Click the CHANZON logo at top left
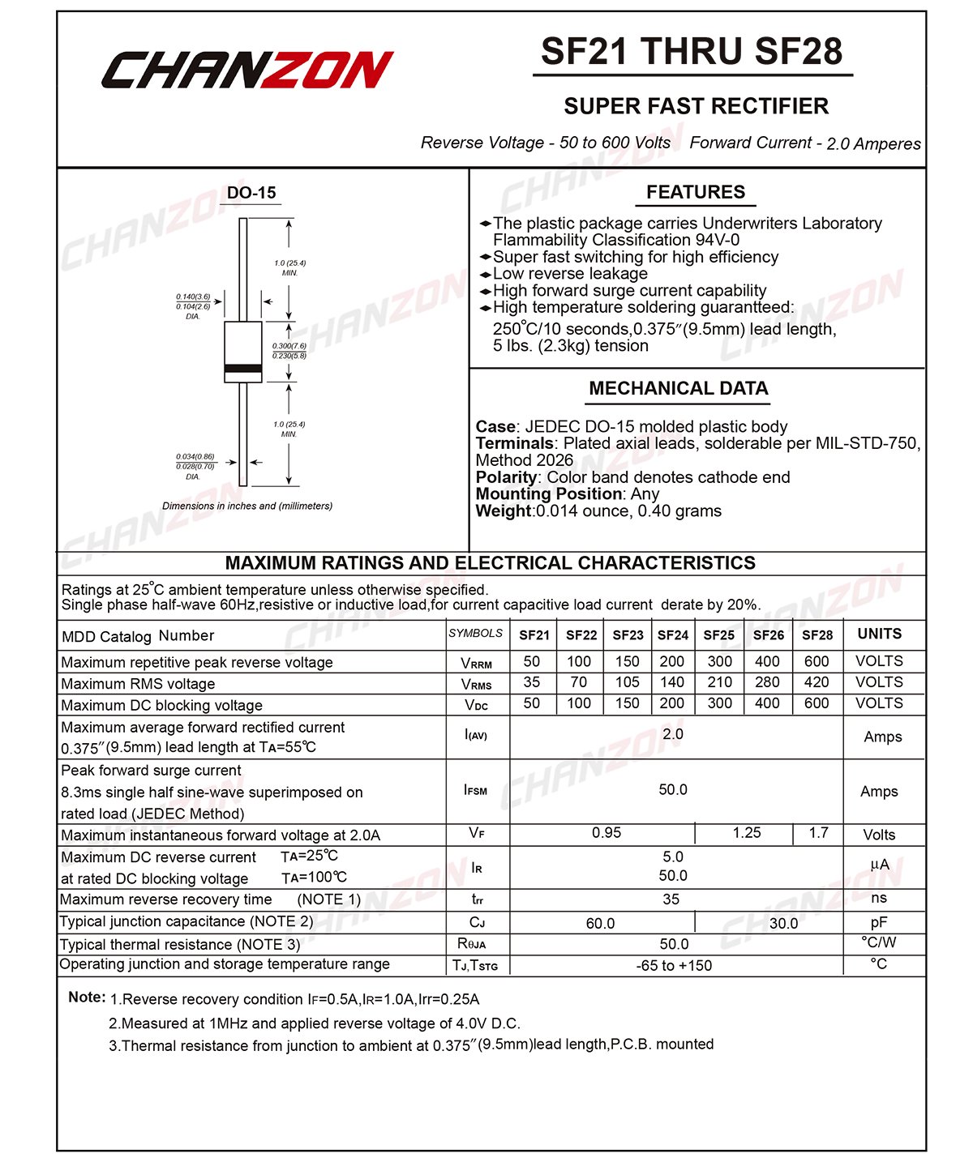(247, 69)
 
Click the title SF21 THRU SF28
(692, 52)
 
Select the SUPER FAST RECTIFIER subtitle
(696, 106)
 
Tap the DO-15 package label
(251, 193)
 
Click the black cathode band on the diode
(243, 369)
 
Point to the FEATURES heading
(695, 192)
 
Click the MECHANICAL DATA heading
(679, 388)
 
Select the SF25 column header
(719, 635)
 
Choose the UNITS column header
(880, 634)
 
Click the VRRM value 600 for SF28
(817, 661)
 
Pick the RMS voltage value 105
(627, 682)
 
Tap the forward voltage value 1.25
(747, 833)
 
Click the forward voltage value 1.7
(819, 833)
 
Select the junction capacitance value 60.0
(600, 924)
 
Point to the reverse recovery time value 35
(671, 899)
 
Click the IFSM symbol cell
(476, 790)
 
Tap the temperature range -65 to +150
(674, 966)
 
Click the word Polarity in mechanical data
(506, 477)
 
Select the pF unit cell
(879, 922)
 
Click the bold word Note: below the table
(87, 998)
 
